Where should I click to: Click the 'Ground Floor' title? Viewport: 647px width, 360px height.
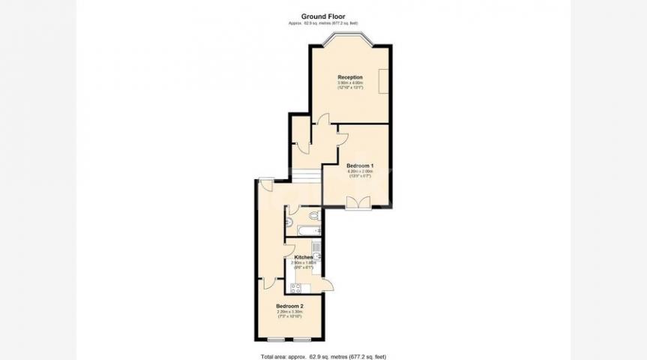click(323, 16)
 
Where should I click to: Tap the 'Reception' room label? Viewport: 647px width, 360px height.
click(350, 77)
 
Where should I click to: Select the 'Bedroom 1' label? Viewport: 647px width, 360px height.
click(360, 166)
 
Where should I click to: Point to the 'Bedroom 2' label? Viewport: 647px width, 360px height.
click(289, 307)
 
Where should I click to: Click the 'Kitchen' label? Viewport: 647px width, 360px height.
click(303, 257)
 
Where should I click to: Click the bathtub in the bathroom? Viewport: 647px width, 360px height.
click(307, 229)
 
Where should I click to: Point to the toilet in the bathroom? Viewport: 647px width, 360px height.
click(313, 216)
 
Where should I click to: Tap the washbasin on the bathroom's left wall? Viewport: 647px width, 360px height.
click(288, 221)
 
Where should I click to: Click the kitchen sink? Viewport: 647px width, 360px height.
click(317, 257)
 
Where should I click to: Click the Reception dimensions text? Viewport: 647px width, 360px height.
click(350, 85)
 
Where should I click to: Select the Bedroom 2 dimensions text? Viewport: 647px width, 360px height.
click(289, 314)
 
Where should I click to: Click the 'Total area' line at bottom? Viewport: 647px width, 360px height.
click(323, 355)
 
